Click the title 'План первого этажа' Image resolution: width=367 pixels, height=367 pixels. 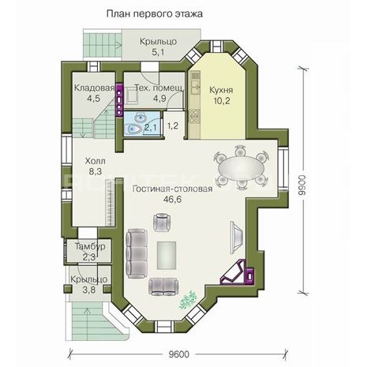tap(155, 13)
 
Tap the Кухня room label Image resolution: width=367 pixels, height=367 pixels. tap(221, 90)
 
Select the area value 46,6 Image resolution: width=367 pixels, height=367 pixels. tap(173, 200)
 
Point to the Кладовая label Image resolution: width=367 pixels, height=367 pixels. tap(94, 88)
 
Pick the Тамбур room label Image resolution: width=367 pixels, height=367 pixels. tap(90, 246)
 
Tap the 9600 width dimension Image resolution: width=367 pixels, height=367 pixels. tap(179, 354)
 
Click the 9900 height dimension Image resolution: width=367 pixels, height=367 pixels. tap(302, 185)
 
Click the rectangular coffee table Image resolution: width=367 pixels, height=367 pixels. tap(167, 256)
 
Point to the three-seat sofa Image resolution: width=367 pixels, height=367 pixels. tap(137, 253)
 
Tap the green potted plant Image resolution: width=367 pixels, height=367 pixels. tap(188, 299)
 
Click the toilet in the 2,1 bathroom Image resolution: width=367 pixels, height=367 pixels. tap(133, 129)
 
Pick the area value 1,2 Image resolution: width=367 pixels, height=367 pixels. tap(173, 125)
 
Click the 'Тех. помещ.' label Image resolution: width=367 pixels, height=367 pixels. tap(159, 88)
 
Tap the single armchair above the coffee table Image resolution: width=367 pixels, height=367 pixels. tap(162, 223)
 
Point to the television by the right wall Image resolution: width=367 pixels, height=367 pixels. tap(237, 237)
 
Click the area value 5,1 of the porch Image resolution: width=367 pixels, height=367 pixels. tap(158, 52)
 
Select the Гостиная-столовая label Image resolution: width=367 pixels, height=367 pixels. tap(173, 189)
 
